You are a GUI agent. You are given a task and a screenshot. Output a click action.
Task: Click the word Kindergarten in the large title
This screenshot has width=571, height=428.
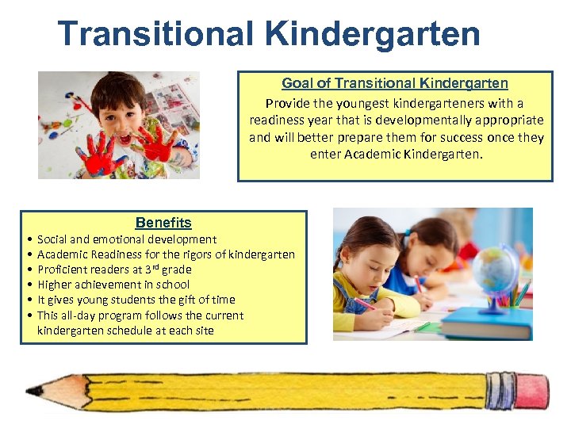pyautogui.click(x=373, y=34)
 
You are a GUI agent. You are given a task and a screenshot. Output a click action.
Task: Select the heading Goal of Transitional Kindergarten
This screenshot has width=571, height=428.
pyautogui.click(x=395, y=83)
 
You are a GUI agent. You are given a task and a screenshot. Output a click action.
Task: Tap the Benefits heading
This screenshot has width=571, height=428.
pyautogui.click(x=163, y=223)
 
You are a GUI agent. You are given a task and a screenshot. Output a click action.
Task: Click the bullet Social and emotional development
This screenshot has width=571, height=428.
pyautogui.click(x=127, y=239)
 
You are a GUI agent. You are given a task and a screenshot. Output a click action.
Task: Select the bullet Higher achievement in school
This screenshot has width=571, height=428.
pyautogui.click(x=113, y=285)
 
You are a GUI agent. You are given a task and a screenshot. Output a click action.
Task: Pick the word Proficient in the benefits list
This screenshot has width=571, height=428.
pyautogui.click(x=60, y=269)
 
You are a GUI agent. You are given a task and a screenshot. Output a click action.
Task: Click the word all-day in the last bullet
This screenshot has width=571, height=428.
pyautogui.click(x=79, y=315)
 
